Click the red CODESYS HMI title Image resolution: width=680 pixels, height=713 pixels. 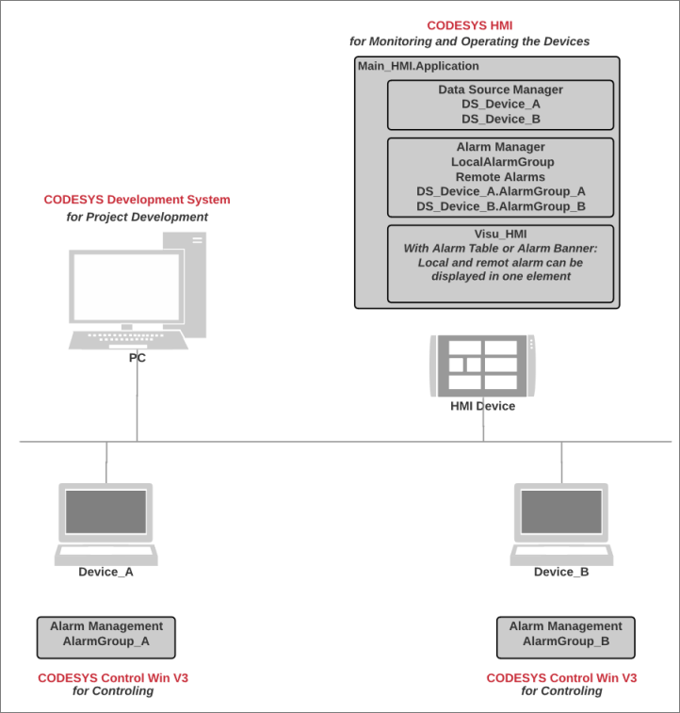[x=469, y=26]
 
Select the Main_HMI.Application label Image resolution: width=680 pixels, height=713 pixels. [x=418, y=66]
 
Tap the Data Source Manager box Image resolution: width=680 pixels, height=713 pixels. [x=500, y=105]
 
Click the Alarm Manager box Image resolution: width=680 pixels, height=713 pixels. [x=500, y=177]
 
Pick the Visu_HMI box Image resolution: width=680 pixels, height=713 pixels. [x=500, y=263]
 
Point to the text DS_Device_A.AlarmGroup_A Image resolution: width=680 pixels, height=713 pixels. [x=500, y=191]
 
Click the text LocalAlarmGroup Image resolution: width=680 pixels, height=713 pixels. [x=500, y=162]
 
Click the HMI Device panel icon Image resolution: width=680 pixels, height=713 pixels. [x=483, y=365]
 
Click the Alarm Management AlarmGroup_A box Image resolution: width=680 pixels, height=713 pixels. [x=106, y=638]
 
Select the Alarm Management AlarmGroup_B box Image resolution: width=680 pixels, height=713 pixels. [x=565, y=638]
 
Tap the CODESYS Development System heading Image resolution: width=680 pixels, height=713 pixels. [x=137, y=200]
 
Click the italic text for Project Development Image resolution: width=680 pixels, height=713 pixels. [x=137, y=217]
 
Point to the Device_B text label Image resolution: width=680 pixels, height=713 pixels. [x=561, y=572]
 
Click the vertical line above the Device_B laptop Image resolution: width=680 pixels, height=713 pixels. [x=561, y=462]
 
